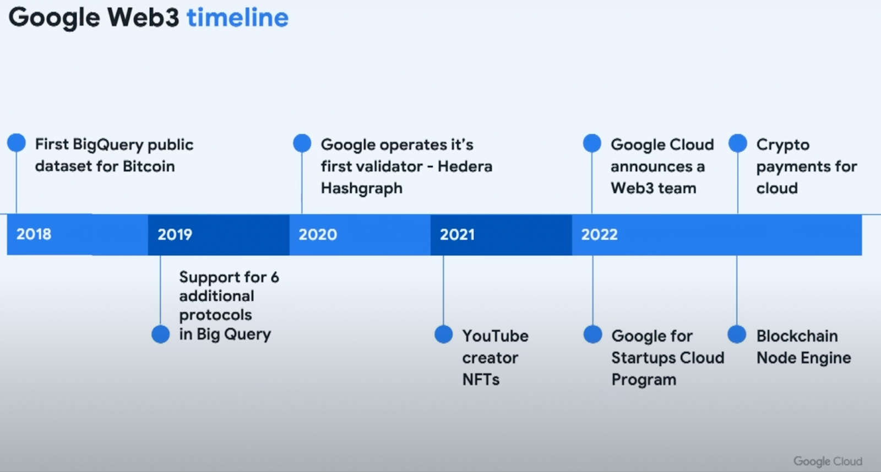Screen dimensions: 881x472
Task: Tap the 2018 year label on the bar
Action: [x=34, y=234]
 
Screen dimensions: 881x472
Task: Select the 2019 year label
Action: [x=175, y=234]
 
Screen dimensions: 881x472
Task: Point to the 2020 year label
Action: [x=318, y=234]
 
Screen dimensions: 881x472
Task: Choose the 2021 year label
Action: [x=457, y=234]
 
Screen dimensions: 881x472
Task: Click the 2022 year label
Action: [x=600, y=234]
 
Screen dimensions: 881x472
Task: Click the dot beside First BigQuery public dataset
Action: [x=17, y=142]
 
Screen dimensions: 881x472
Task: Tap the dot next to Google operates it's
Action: [x=302, y=142]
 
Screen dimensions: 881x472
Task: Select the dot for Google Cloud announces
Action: [x=592, y=142]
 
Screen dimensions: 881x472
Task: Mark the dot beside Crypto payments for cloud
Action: [x=738, y=142]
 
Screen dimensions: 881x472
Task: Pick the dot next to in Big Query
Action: [x=160, y=334]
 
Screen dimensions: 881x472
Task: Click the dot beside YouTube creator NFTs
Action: [x=444, y=334]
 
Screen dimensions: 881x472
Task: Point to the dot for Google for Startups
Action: [x=592, y=334]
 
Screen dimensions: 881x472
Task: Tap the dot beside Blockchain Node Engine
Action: [x=737, y=334]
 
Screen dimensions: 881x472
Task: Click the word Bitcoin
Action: [x=149, y=166]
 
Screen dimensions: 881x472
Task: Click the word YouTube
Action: [x=495, y=336]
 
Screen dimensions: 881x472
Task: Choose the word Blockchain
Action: [x=797, y=336]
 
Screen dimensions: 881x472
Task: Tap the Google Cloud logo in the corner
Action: [x=828, y=461]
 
